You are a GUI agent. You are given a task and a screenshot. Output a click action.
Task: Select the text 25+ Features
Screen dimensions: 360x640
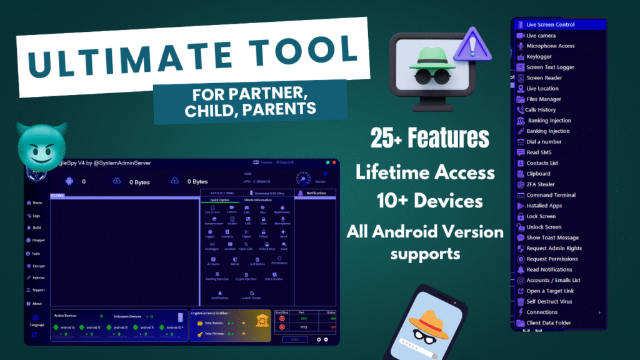click(x=429, y=138)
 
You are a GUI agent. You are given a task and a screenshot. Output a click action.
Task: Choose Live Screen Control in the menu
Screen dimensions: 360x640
click(x=550, y=25)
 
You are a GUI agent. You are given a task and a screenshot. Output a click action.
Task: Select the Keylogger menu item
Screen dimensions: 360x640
click(x=539, y=57)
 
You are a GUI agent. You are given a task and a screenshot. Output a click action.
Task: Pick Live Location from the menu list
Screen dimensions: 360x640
click(x=542, y=89)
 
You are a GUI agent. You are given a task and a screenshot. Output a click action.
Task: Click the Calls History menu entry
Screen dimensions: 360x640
click(x=540, y=110)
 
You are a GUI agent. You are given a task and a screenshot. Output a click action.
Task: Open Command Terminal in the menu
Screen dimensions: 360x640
click(x=551, y=195)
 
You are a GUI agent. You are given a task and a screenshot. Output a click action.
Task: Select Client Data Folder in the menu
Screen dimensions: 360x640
click(x=548, y=323)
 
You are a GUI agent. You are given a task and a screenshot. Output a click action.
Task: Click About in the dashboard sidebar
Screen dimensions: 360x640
click(x=36, y=303)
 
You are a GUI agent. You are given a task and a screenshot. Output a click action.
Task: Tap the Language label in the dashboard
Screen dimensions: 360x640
click(x=37, y=324)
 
